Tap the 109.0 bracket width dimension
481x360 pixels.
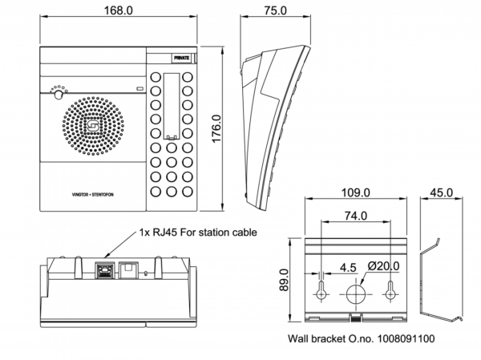355,193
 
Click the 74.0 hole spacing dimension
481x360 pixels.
355,216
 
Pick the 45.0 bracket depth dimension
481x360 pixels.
441,193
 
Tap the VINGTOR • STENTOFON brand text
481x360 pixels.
92,193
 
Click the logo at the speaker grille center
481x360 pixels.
93,126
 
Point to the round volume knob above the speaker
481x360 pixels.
58,94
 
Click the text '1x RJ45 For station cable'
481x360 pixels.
198,233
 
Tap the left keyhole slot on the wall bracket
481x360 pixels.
321,292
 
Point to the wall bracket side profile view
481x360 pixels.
441,277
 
